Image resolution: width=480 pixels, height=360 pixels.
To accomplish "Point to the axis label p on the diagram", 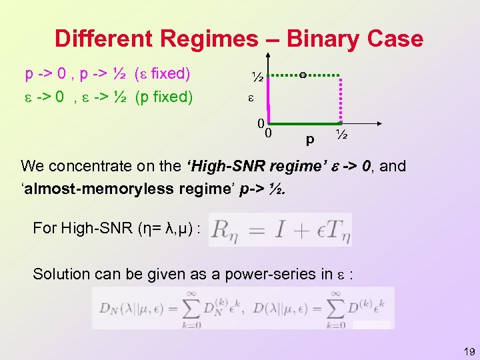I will [309, 141].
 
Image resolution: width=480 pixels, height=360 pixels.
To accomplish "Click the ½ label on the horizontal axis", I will [342, 135].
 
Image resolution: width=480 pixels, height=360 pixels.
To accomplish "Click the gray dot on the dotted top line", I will [303, 75].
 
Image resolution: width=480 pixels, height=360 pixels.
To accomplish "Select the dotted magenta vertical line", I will [341, 100].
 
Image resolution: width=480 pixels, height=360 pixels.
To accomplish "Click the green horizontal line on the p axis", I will [303, 124].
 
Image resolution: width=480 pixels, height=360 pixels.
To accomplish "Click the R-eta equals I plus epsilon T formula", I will [280, 229].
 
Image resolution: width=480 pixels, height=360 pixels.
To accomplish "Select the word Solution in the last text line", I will [61, 273].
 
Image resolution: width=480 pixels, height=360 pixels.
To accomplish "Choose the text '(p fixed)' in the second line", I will [164, 97].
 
